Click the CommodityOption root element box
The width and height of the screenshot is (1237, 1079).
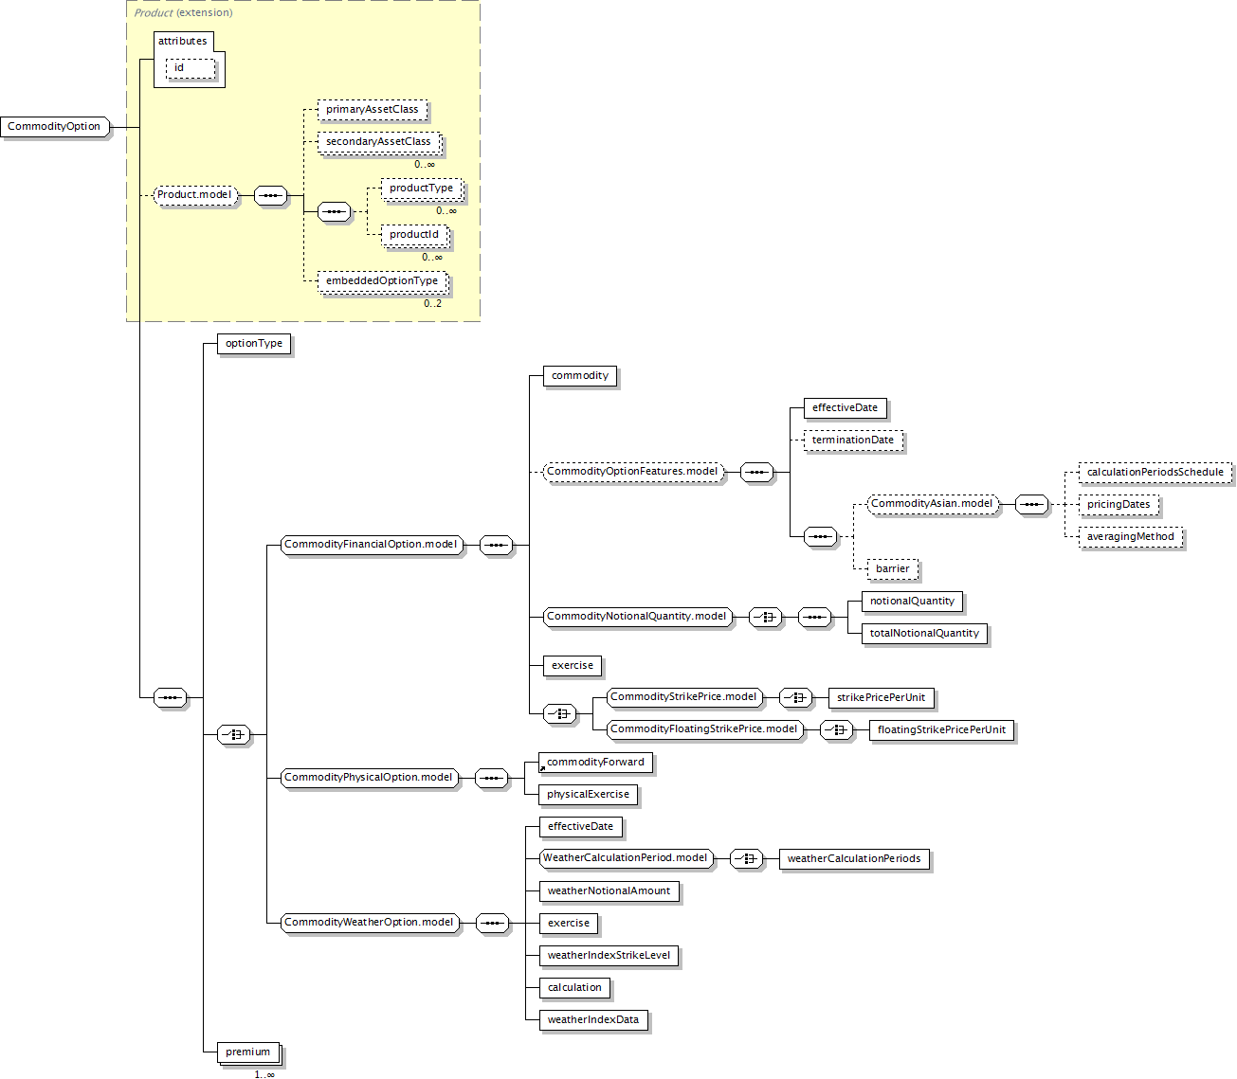(x=55, y=127)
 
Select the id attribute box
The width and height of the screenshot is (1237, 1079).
(x=190, y=68)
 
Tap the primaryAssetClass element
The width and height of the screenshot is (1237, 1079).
(x=372, y=110)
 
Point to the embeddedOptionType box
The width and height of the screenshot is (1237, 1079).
(x=381, y=281)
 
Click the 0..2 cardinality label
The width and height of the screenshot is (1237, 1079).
(x=432, y=304)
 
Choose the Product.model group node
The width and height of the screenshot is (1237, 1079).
(x=194, y=195)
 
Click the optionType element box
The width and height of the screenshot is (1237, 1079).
(x=253, y=344)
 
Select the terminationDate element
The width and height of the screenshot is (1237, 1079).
(x=852, y=441)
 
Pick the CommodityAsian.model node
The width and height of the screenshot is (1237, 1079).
(x=932, y=504)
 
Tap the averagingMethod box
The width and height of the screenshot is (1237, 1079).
(x=1130, y=537)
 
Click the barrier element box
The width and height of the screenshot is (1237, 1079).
(x=892, y=569)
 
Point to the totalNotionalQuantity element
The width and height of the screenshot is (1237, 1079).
(x=924, y=634)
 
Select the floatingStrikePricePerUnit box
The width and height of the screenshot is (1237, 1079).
(x=941, y=730)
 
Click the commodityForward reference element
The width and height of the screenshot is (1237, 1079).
(x=595, y=763)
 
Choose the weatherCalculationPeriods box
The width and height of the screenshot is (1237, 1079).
(x=853, y=859)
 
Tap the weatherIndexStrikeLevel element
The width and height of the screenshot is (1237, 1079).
(x=609, y=956)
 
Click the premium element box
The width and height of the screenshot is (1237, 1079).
(x=248, y=1052)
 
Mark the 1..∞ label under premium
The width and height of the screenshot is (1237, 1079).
(x=264, y=1074)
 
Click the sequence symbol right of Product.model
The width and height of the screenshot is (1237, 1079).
(x=271, y=196)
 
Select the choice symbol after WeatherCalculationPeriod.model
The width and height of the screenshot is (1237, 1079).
(x=747, y=859)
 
